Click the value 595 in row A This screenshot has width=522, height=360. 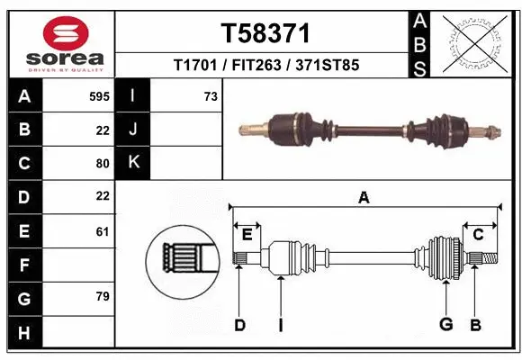tap(99, 95)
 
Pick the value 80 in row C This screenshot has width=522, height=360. tap(102, 163)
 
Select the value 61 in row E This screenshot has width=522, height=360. tap(102, 231)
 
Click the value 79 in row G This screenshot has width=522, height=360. tap(102, 296)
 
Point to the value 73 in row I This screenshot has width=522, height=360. tap(210, 95)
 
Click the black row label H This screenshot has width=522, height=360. tap(23, 333)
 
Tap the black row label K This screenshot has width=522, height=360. tap(133, 163)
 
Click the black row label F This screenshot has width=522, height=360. tap(23, 265)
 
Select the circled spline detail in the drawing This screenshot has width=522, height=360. tap(182, 261)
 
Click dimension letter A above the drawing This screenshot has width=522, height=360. tap(364, 198)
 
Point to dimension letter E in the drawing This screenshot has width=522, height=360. tap(247, 235)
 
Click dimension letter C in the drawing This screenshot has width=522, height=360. tap(479, 235)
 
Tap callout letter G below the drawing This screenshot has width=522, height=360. tap(444, 325)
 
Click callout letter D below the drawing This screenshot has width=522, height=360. tap(239, 325)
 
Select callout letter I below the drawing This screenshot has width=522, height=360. tap(280, 325)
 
